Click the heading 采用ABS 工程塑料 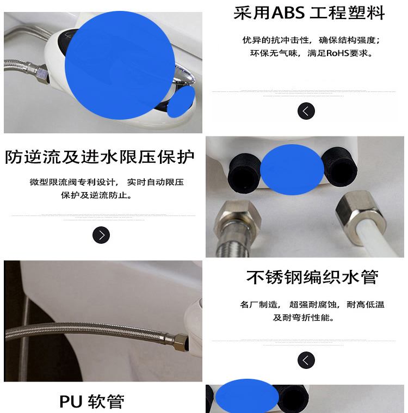[309, 13]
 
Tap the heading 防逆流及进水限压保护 [100, 157]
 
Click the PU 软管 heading [91, 402]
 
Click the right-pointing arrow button [101, 235]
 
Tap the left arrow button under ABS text [306, 111]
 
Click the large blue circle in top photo [119, 66]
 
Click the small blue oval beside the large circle [181, 102]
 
